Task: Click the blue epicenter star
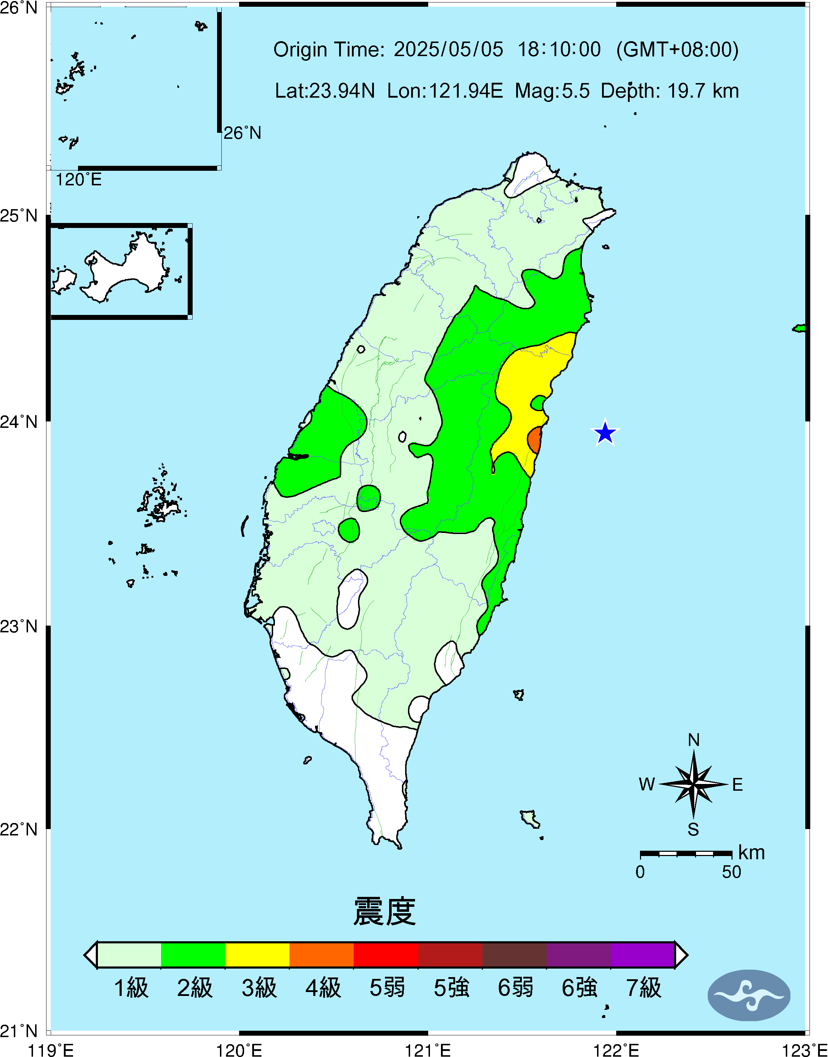tap(605, 432)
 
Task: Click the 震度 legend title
tap(385, 911)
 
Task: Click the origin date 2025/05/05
tap(448, 49)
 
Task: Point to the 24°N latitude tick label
tap(19, 421)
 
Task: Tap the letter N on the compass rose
tap(694, 740)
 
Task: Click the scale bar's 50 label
tap(731, 872)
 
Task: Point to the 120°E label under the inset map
tap(78, 180)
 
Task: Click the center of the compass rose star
tap(694, 783)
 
